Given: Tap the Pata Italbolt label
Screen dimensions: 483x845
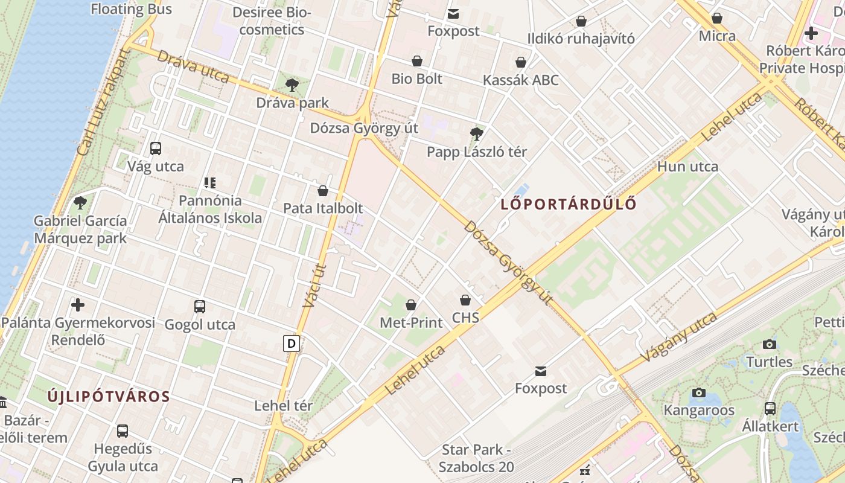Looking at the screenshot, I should (x=323, y=208).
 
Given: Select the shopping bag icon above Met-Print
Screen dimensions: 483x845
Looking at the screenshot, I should (x=411, y=305).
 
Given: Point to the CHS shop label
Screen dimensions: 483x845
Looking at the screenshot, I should (x=465, y=318).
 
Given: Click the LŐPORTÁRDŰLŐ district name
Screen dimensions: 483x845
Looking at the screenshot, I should (x=569, y=204).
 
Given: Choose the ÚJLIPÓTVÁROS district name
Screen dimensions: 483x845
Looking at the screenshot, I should (x=109, y=397).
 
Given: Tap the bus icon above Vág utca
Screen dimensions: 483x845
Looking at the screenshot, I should (x=155, y=148).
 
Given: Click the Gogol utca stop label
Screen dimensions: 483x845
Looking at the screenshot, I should (x=200, y=325).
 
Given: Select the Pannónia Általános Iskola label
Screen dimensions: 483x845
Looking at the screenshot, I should (x=210, y=209).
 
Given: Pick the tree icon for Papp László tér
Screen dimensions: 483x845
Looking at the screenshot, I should (x=477, y=134).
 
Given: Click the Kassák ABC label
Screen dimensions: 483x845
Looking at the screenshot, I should (x=520, y=80).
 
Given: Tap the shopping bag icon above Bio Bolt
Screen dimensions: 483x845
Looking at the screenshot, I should (x=417, y=61).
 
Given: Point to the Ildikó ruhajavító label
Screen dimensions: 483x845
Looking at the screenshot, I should (x=581, y=39).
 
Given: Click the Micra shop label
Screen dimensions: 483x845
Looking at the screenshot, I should (x=717, y=36).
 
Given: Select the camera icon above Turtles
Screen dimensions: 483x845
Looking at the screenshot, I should (x=770, y=344).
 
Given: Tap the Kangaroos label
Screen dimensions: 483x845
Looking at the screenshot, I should (x=699, y=411).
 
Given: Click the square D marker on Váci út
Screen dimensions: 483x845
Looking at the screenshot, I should (x=292, y=344).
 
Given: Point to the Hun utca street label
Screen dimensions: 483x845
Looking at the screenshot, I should (x=687, y=167).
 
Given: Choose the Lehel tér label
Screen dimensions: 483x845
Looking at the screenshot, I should (x=284, y=406).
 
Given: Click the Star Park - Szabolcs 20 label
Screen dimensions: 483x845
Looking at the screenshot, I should (x=476, y=458).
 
